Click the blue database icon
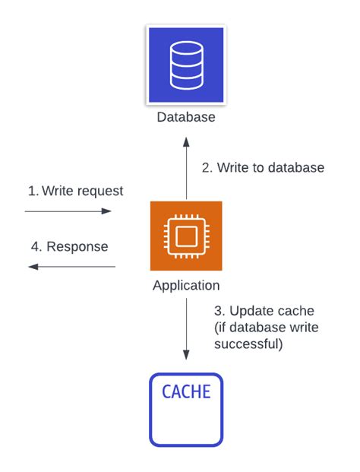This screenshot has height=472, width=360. coord(186,65)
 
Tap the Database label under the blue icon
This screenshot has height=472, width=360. coord(186,117)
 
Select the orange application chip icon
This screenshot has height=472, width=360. coord(186,236)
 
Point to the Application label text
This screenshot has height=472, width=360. coord(186,285)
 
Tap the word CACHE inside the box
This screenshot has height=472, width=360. coord(186,391)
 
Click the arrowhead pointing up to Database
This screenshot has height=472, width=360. coord(187,142)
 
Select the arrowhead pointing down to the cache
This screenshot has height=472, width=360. coord(187,355)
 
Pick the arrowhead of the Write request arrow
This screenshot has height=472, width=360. coord(106,211)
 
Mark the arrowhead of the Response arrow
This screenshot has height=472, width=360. coord(33,267)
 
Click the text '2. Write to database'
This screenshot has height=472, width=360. coord(263,168)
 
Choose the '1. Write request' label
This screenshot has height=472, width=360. coord(75,191)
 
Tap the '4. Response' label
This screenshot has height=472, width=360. coord(69,247)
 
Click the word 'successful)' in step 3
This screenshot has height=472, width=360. coord(248,344)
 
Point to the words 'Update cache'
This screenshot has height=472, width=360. coord(272,311)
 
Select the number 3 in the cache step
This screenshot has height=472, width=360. coord(218,311)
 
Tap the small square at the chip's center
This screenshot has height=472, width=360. coord(187,236)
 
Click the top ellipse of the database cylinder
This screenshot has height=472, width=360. coord(187,48)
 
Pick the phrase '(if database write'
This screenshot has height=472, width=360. coord(267,328)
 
